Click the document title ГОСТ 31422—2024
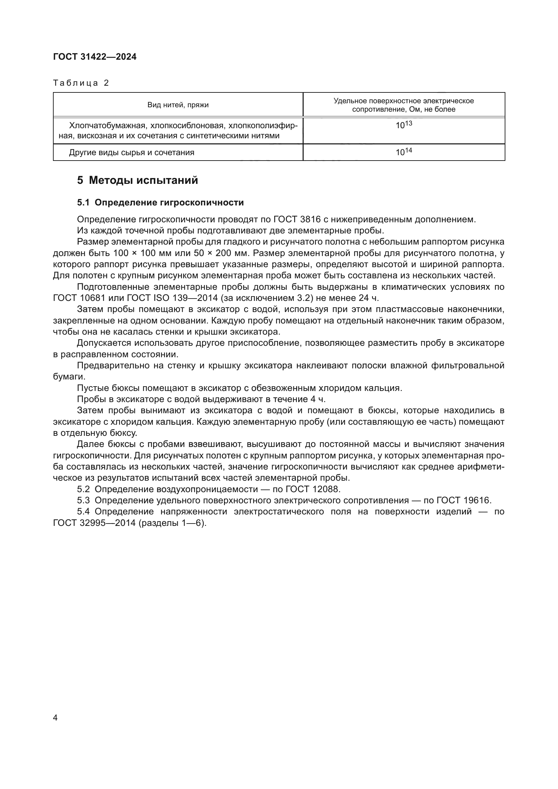pos(95,57)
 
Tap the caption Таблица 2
pos(81,83)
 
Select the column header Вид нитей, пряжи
pos(178,105)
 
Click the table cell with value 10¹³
pos(404,125)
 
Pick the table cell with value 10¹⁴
pos(404,152)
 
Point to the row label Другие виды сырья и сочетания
pos(132,152)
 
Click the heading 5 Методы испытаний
pos(137,180)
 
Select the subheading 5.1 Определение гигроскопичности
pos(161,202)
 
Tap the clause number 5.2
pos(83,489)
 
